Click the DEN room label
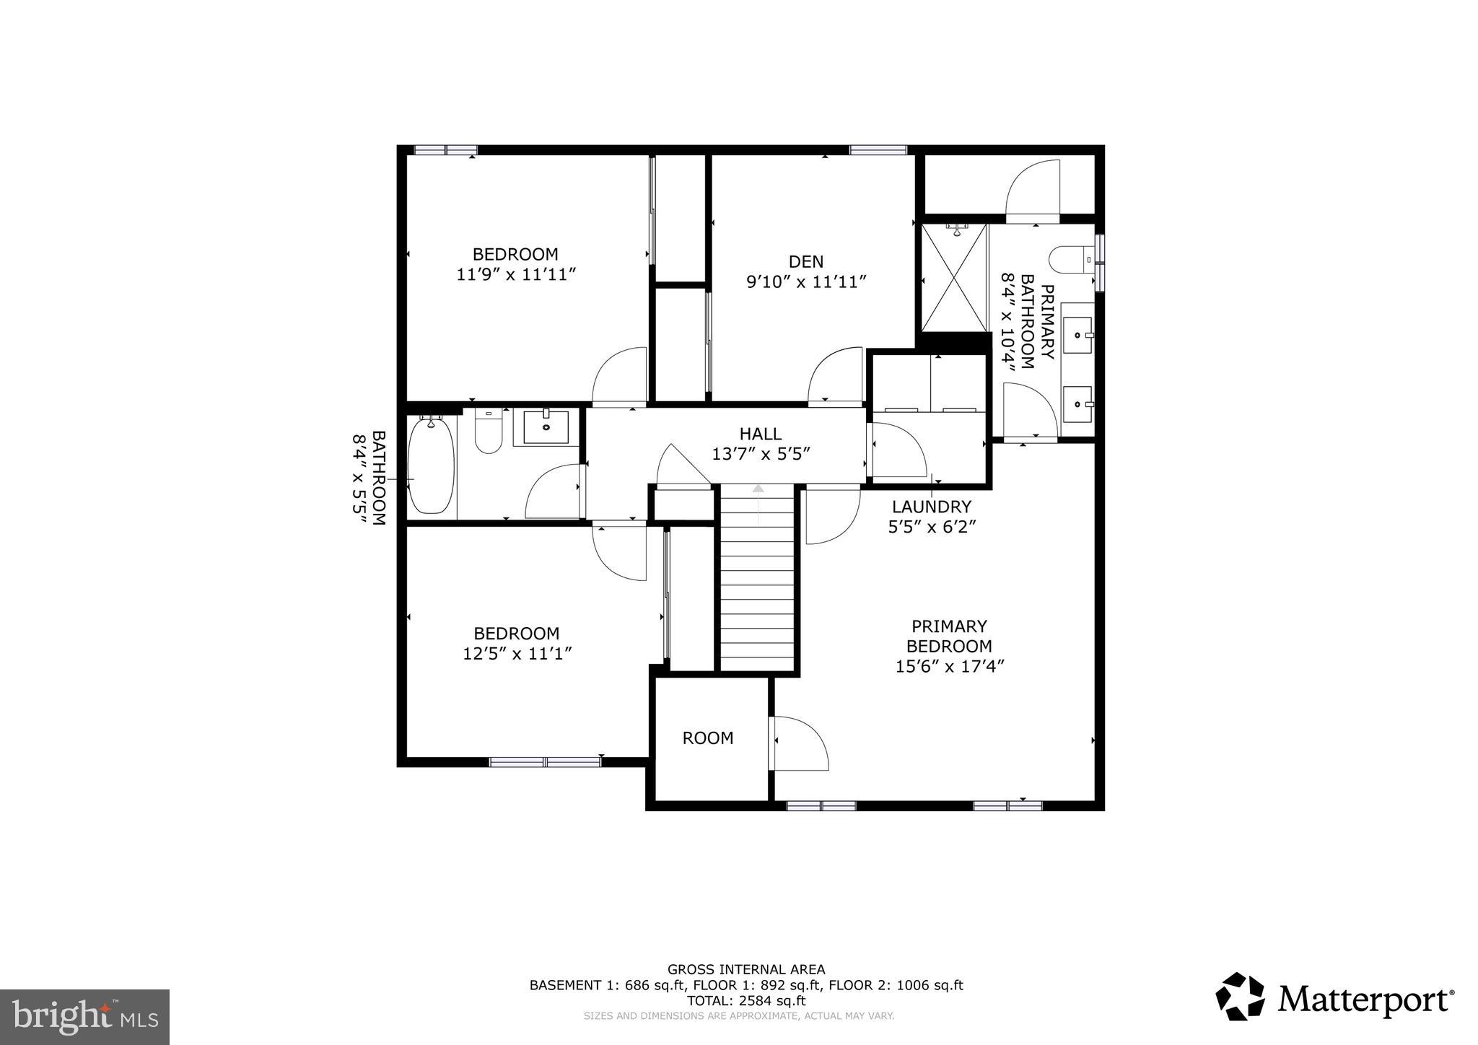pyautogui.click(x=805, y=261)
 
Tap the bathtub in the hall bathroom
pyautogui.click(x=432, y=465)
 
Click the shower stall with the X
pyautogui.click(x=953, y=279)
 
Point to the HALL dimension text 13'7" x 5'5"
pyautogui.click(x=761, y=455)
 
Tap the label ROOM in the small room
pyautogui.click(x=708, y=738)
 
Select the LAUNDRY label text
pyautogui.click(x=931, y=507)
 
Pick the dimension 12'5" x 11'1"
pyautogui.click(x=517, y=654)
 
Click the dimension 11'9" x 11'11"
pyautogui.click(x=515, y=275)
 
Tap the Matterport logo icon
pyautogui.click(x=1241, y=997)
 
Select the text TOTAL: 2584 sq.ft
pyautogui.click(x=746, y=1001)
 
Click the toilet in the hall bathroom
pyautogui.click(x=489, y=431)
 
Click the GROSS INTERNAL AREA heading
pyautogui.click(x=746, y=969)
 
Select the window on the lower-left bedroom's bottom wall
pyautogui.click(x=545, y=761)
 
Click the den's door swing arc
pyautogui.click(x=834, y=375)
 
